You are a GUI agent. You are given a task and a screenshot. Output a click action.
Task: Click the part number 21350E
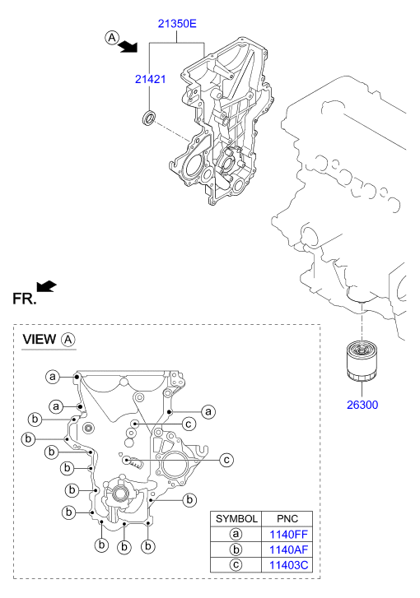point(177,24)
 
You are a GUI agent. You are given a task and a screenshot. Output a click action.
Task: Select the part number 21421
point(151,79)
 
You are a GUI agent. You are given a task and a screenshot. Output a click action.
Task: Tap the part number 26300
point(362,405)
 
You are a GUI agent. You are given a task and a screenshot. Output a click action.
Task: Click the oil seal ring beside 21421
point(148,118)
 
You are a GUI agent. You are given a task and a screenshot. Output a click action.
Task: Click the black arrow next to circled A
point(128,47)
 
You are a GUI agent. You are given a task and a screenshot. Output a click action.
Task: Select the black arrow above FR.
point(47,286)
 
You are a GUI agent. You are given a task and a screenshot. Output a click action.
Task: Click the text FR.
point(25,299)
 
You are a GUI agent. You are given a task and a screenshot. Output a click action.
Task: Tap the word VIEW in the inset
point(40,339)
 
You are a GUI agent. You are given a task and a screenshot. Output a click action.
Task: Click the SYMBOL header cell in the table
point(236,519)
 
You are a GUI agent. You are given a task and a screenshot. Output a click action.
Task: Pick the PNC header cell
point(287,519)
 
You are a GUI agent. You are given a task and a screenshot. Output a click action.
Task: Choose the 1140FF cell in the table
point(288,535)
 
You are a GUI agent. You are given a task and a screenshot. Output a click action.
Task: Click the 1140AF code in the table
point(288,549)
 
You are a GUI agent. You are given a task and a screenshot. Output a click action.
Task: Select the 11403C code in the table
point(288,565)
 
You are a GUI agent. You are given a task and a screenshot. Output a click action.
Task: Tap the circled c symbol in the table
point(236,565)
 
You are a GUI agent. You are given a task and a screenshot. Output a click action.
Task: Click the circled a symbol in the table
point(236,535)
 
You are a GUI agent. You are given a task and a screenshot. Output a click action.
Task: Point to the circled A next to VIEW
point(68,340)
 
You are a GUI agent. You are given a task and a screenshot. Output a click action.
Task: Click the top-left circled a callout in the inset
point(53,377)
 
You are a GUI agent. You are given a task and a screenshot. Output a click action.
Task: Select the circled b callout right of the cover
point(189,499)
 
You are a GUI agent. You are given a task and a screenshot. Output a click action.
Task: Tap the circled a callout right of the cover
point(208,412)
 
